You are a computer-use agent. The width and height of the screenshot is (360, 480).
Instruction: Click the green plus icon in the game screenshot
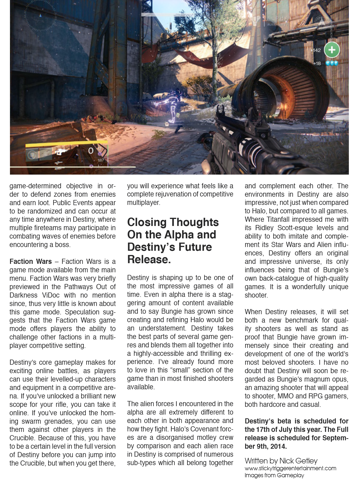point(331,49)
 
